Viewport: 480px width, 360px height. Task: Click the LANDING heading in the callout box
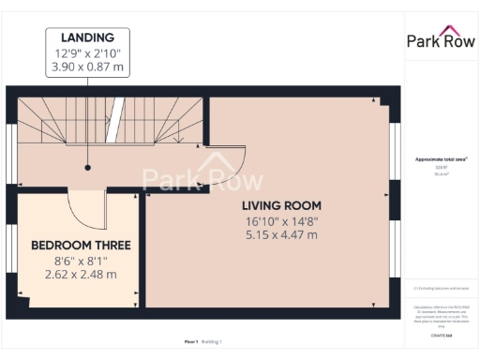pyautogui.click(x=87, y=37)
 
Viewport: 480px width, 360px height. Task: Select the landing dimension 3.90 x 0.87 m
pyautogui.click(x=87, y=67)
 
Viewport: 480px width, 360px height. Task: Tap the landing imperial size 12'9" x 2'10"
pyautogui.click(x=87, y=52)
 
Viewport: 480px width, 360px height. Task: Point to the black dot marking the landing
pyautogui.click(x=87, y=168)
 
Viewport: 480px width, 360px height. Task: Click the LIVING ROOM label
pyautogui.click(x=281, y=205)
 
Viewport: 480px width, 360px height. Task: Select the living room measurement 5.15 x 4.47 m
pyautogui.click(x=281, y=235)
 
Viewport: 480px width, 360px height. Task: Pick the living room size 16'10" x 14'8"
pyautogui.click(x=281, y=220)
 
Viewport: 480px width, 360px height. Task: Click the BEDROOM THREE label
pyautogui.click(x=81, y=245)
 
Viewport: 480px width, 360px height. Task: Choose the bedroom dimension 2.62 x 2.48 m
pyautogui.click(x=81, y=275)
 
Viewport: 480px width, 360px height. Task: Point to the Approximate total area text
pyautogui.click(x=440, y=159)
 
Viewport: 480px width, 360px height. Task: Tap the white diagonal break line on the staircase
pyautogui.click(x=117, y=119)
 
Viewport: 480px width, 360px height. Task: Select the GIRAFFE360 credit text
pyautogui.click(x=440, y=334)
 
